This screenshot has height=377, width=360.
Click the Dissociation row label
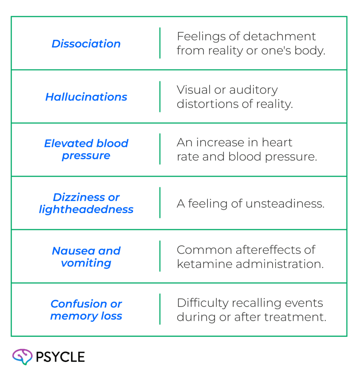pyautogui.click(x=86, y=44)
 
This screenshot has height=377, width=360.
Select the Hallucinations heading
pyautogui.click(x=86, y=97)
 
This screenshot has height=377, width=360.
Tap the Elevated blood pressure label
pyautogui.click(x=86, y=149)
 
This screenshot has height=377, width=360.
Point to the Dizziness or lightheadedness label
pyautogui.click(x=86, y=203)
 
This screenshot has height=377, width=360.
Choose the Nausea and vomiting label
pyautogui.click(x=86, y=257)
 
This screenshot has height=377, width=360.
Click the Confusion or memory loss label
pyautogui.click(x=86, y=310)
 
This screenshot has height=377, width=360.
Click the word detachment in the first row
pyautogui.click(x=279, y=36)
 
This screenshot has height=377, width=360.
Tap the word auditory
pyautogui.click(x=254, y=90)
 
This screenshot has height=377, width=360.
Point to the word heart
pyautogui.click(x=277, y=142)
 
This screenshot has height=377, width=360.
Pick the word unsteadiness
pyautogui.click(x=285, y=204)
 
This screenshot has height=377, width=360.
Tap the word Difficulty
pyautogui.click(x=203, y=303)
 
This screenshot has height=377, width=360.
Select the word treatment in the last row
pyautogui.click(x=295, y=317)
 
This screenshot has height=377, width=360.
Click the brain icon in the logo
pyautogui.click(x=22, y=356)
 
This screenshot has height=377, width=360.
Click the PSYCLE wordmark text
pyautogui.click(x=60, y=357)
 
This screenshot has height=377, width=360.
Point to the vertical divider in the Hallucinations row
pyautogui.click(x=160, y=97)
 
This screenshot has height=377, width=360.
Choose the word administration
pyautogui.click(x=280, y=264)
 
